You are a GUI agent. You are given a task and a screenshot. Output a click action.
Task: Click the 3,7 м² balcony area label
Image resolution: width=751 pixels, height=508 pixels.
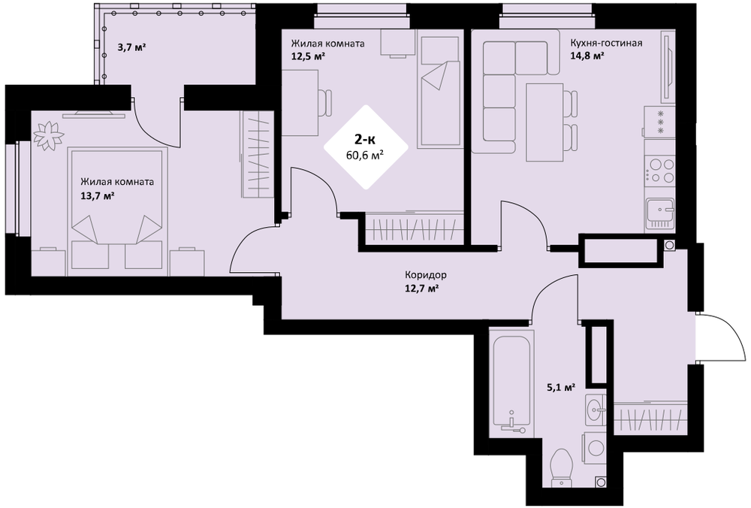pos(131,47)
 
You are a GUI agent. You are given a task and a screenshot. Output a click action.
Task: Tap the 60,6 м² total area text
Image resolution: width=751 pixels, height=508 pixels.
pos(366,155)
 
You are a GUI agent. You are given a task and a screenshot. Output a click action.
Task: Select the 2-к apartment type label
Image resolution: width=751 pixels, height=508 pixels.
pos(365,140)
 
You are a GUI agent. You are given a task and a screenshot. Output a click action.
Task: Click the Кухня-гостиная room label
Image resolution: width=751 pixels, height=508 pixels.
pos(606,43)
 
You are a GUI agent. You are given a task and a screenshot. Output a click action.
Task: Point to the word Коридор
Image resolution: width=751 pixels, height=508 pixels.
pos(426,275)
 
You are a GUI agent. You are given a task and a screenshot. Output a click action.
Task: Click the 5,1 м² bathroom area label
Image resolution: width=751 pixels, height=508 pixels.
pos(561,386)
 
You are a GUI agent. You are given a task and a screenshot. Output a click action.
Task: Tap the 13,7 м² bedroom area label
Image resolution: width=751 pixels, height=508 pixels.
pos(97,195)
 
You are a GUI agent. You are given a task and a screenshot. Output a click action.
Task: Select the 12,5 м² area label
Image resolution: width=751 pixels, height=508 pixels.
pos(308,56)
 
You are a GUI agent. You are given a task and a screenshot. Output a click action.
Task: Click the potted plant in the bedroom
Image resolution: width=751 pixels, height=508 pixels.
pos(48,135)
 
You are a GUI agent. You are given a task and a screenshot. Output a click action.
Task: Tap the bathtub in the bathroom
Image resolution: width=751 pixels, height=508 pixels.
pos(511,382)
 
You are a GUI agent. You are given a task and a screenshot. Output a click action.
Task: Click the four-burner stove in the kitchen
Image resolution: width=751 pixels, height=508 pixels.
pos(659,170)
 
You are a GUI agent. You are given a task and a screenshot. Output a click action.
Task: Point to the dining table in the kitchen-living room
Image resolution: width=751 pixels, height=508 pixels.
pos(544,122)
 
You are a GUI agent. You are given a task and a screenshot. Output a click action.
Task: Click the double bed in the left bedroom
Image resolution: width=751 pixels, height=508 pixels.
pos(118,211)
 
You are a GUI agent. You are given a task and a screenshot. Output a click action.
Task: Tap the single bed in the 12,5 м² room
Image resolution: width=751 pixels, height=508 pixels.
pos(440,92)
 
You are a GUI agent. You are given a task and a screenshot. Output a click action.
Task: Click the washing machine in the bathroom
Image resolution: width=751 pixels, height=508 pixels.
pos(594,448)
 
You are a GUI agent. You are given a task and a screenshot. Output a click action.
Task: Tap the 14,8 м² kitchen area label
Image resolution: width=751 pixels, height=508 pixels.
pos(587,56)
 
